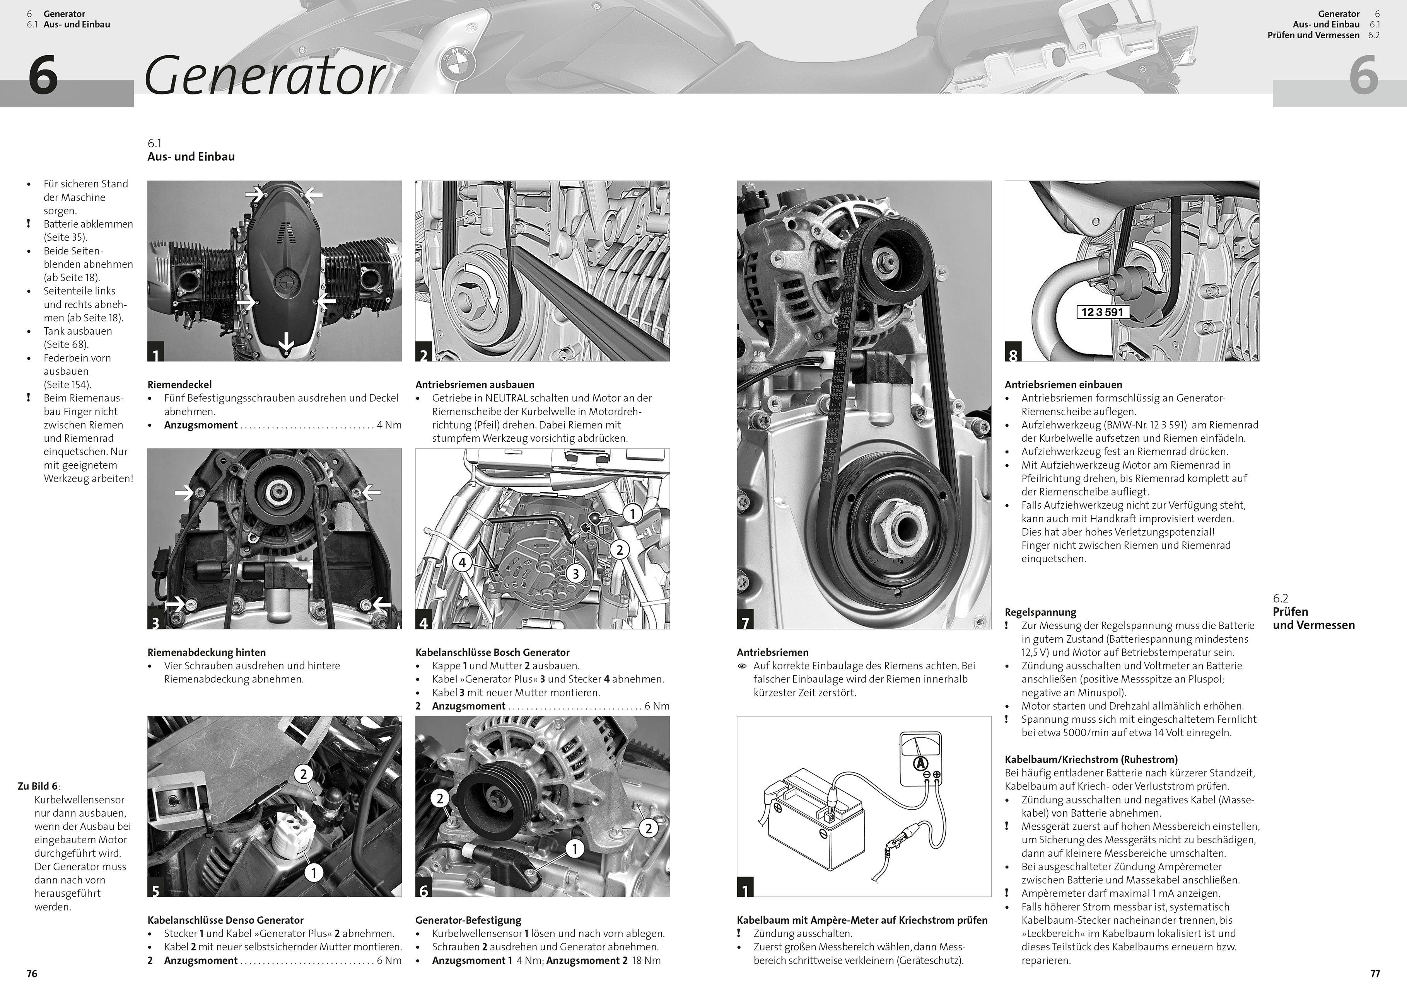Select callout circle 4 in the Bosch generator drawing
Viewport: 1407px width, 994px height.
pyautogui.click(x=463, y=562)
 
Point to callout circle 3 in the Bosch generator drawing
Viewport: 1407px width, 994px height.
pyautogui.click(x=575, y=573)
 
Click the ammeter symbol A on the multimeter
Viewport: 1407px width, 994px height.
pyautogui.click(x=919, y=763)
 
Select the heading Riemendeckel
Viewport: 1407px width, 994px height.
pyautogui.click(x=179, y=385)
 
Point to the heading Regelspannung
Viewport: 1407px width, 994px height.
pyautogui.click(x=1040, y=612)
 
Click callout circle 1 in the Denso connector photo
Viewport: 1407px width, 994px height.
pyautogui.click(x=314, y=872)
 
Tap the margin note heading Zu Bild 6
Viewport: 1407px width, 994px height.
pyautogui.click(x=39, y=786)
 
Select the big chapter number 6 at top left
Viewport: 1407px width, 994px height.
pyautogui.click(x=43, y=76)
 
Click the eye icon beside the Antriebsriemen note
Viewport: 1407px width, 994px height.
pyautogui.click(x=742, y=666)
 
